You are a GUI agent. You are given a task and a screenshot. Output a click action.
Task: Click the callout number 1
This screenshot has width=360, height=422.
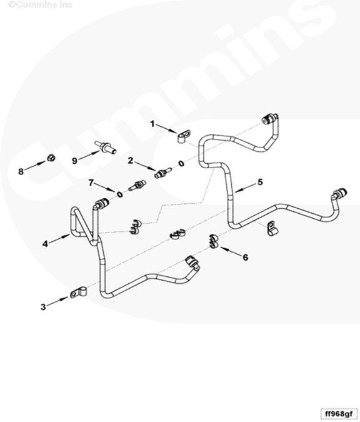pos(152,124)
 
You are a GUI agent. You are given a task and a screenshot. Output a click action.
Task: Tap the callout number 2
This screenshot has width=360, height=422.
pos(131,161)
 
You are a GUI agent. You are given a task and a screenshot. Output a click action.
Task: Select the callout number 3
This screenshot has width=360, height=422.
pos(43,307)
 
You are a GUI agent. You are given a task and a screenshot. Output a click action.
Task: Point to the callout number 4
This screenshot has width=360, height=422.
pos(45,244)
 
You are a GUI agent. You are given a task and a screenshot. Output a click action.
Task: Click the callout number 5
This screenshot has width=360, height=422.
pos(260,182)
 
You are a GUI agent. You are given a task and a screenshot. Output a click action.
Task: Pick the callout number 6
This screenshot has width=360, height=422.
pos(246,258)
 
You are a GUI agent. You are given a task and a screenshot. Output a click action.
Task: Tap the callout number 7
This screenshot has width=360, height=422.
pos(91,183)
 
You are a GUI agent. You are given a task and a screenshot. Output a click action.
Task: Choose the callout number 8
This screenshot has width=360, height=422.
pos(21,171)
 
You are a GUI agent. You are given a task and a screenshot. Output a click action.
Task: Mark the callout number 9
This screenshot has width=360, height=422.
pos(74,161)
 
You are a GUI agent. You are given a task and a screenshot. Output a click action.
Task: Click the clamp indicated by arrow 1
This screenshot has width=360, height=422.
pos(184,136)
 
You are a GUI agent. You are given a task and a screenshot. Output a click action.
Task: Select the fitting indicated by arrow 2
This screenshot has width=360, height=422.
pos(162,173)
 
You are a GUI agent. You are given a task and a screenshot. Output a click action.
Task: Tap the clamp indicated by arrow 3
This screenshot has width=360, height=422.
pos(78,293)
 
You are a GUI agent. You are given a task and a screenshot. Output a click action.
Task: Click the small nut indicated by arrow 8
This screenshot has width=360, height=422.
pos(51,158)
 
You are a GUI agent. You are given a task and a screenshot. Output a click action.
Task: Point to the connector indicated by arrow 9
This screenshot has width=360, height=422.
pos(105,148)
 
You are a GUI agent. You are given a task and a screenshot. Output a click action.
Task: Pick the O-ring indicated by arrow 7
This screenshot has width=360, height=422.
pos(120,194)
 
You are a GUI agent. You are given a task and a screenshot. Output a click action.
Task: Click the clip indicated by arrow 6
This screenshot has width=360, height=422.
pos(214,241)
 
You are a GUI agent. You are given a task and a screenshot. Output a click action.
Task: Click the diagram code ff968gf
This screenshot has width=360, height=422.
pos(339,413)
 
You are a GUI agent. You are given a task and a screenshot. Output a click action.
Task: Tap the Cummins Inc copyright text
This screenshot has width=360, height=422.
pos(40,4)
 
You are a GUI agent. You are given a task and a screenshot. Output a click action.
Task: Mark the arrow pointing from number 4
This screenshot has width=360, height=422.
pos(59,239)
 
